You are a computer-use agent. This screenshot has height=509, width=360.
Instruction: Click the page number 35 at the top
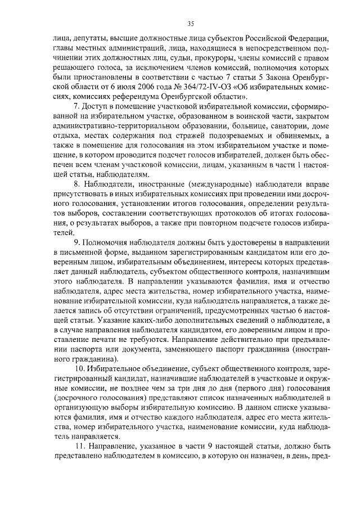coord(191,23)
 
